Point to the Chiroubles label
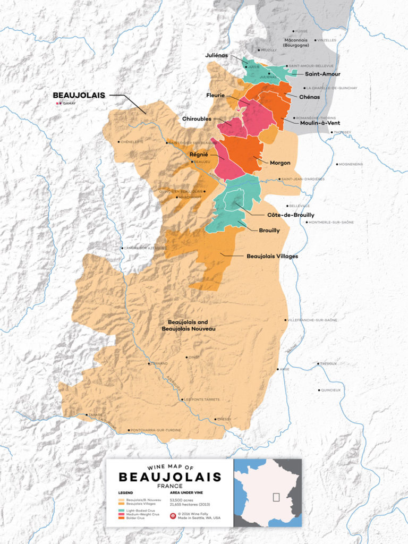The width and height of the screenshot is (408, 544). (x=197, y=118)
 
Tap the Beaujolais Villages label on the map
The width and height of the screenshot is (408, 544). (x=272, y=256)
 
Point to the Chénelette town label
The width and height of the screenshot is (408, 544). (x=132, y=142)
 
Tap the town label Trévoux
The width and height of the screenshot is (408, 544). (x=329, y=364)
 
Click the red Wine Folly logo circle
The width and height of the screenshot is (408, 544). (x=173, y=516)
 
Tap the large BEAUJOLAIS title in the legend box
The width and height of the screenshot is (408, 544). (x=169, y=477)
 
